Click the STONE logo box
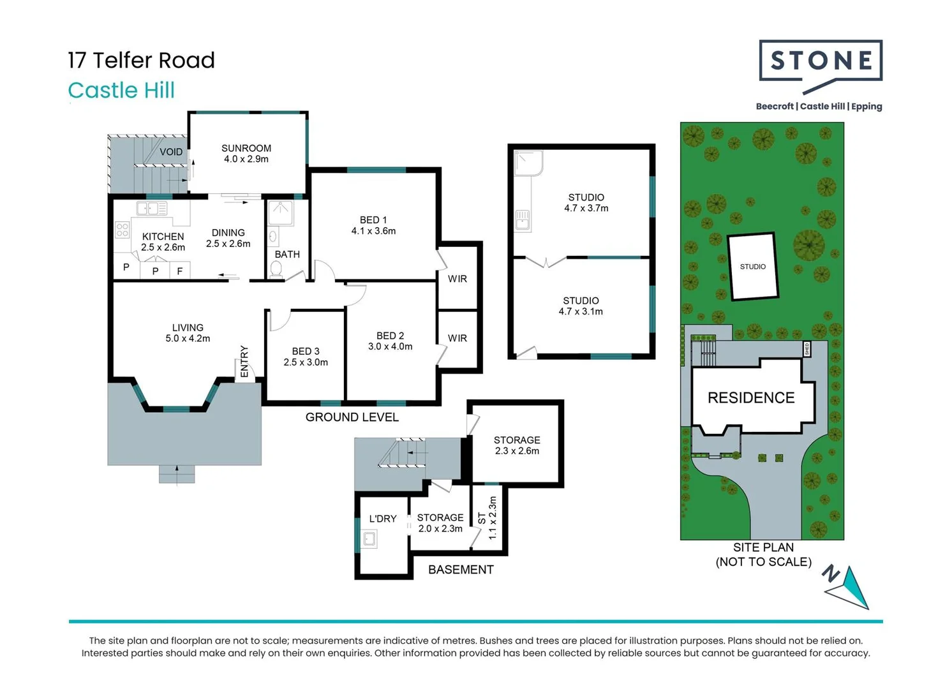821,61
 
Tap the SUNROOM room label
246,148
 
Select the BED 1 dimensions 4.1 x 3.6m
373,231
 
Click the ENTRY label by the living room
244,361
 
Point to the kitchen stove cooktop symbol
123,230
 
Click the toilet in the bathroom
276,270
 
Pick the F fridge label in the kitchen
180,271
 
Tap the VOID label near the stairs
171,152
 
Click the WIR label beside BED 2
457,338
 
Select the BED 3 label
306,352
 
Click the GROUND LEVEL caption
352,417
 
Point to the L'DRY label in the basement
383,519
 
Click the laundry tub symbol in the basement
369,540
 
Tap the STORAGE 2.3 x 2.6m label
517,445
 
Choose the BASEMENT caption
461,570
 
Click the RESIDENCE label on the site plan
751,398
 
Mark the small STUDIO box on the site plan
753,267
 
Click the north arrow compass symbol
849,586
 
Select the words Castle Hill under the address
121,91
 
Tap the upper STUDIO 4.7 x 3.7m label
586,203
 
